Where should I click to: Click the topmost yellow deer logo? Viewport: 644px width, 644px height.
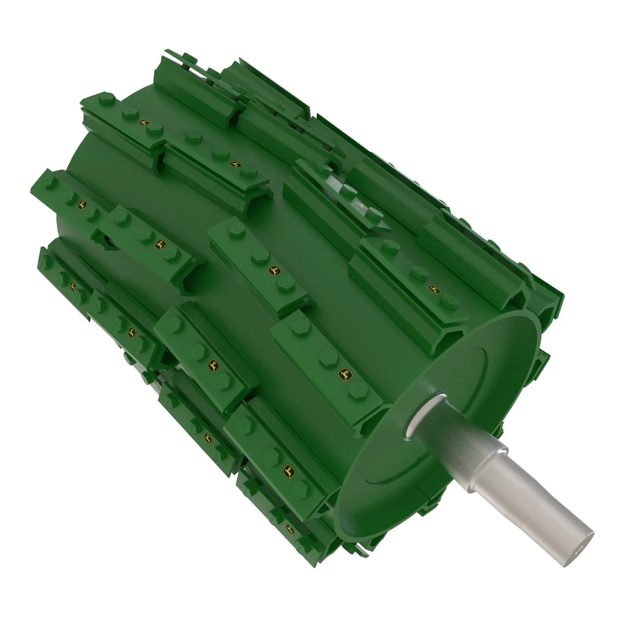point(144,123)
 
